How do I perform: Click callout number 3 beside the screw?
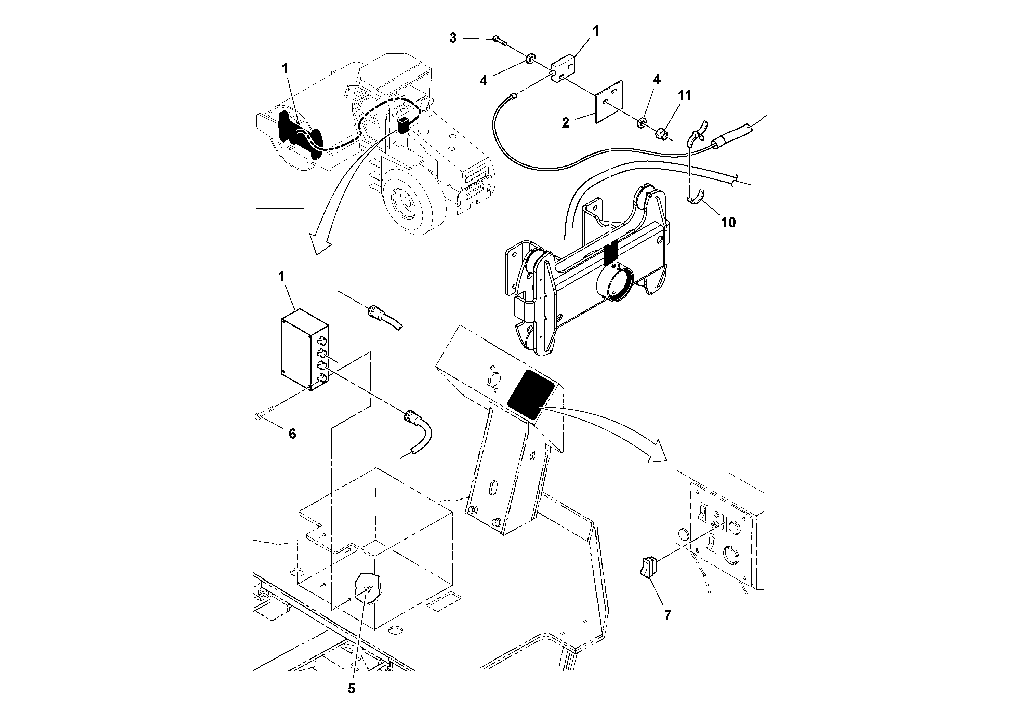452,38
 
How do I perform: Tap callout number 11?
685,96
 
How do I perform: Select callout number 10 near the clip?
728,223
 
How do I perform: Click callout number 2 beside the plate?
565,123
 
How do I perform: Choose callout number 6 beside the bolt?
292,434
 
